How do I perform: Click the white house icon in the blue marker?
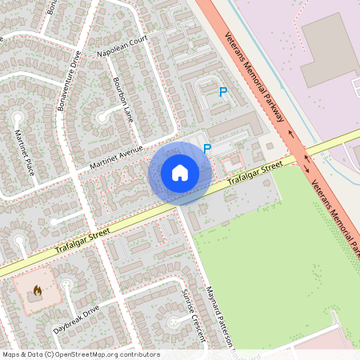180,172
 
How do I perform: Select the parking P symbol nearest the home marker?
207,148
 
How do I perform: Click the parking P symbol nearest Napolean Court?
222,92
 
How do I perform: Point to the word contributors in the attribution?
138,354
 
